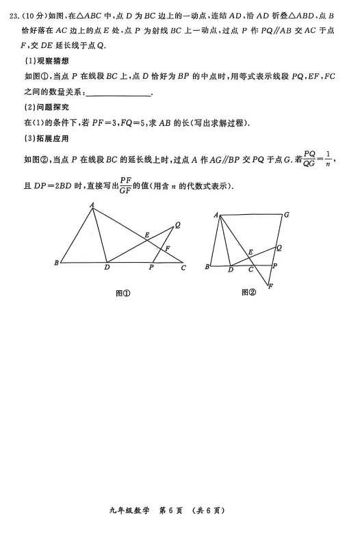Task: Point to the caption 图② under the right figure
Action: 248,293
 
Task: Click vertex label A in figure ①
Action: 92,205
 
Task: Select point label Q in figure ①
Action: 177,224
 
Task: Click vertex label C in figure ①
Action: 183,268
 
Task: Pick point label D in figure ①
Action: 107,268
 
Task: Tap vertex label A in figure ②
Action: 216,215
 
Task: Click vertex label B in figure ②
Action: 206,267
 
